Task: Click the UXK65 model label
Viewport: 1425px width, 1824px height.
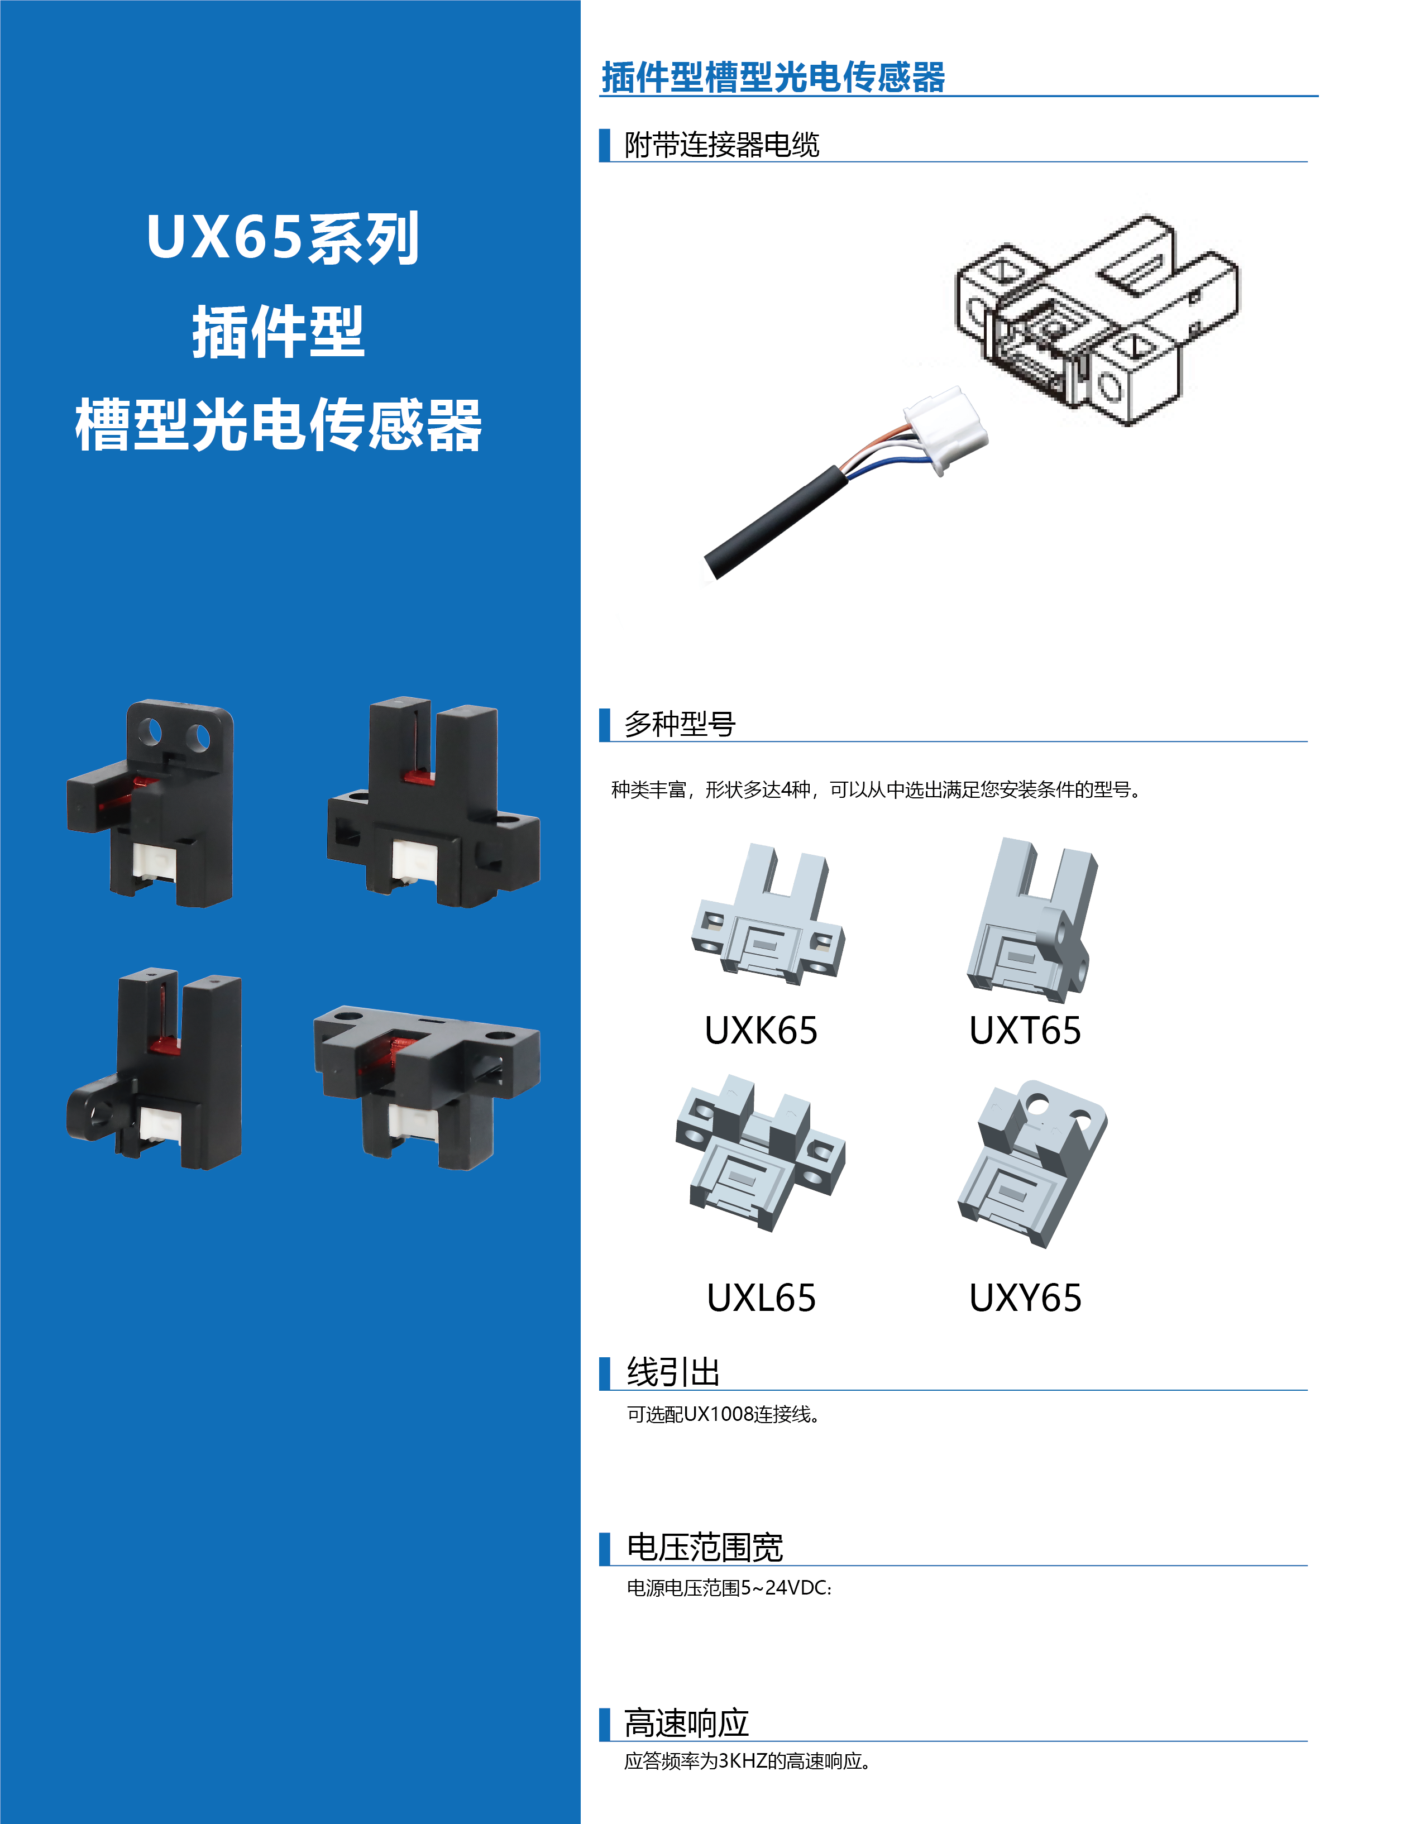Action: pyautogui.click(x=761, y=1031)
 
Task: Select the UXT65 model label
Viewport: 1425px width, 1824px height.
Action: pyautogui.click(x=1025, y=1031)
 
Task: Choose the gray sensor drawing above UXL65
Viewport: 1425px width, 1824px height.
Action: pyautogui.click(x=760, y=1152)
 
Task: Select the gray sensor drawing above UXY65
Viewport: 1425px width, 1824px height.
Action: pyautogui.click(x=1032, y=1162)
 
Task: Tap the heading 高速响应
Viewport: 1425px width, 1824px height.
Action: pyautogui.click(x=687, y=1723)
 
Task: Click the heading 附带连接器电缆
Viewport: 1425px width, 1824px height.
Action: pyautogui.click(x=721, y=145)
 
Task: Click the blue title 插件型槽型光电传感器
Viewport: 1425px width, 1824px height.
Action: pyautogui.click(x=773, y=78)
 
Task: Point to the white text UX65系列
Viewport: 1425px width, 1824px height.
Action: pyautogui.click(x=283, y=238)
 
